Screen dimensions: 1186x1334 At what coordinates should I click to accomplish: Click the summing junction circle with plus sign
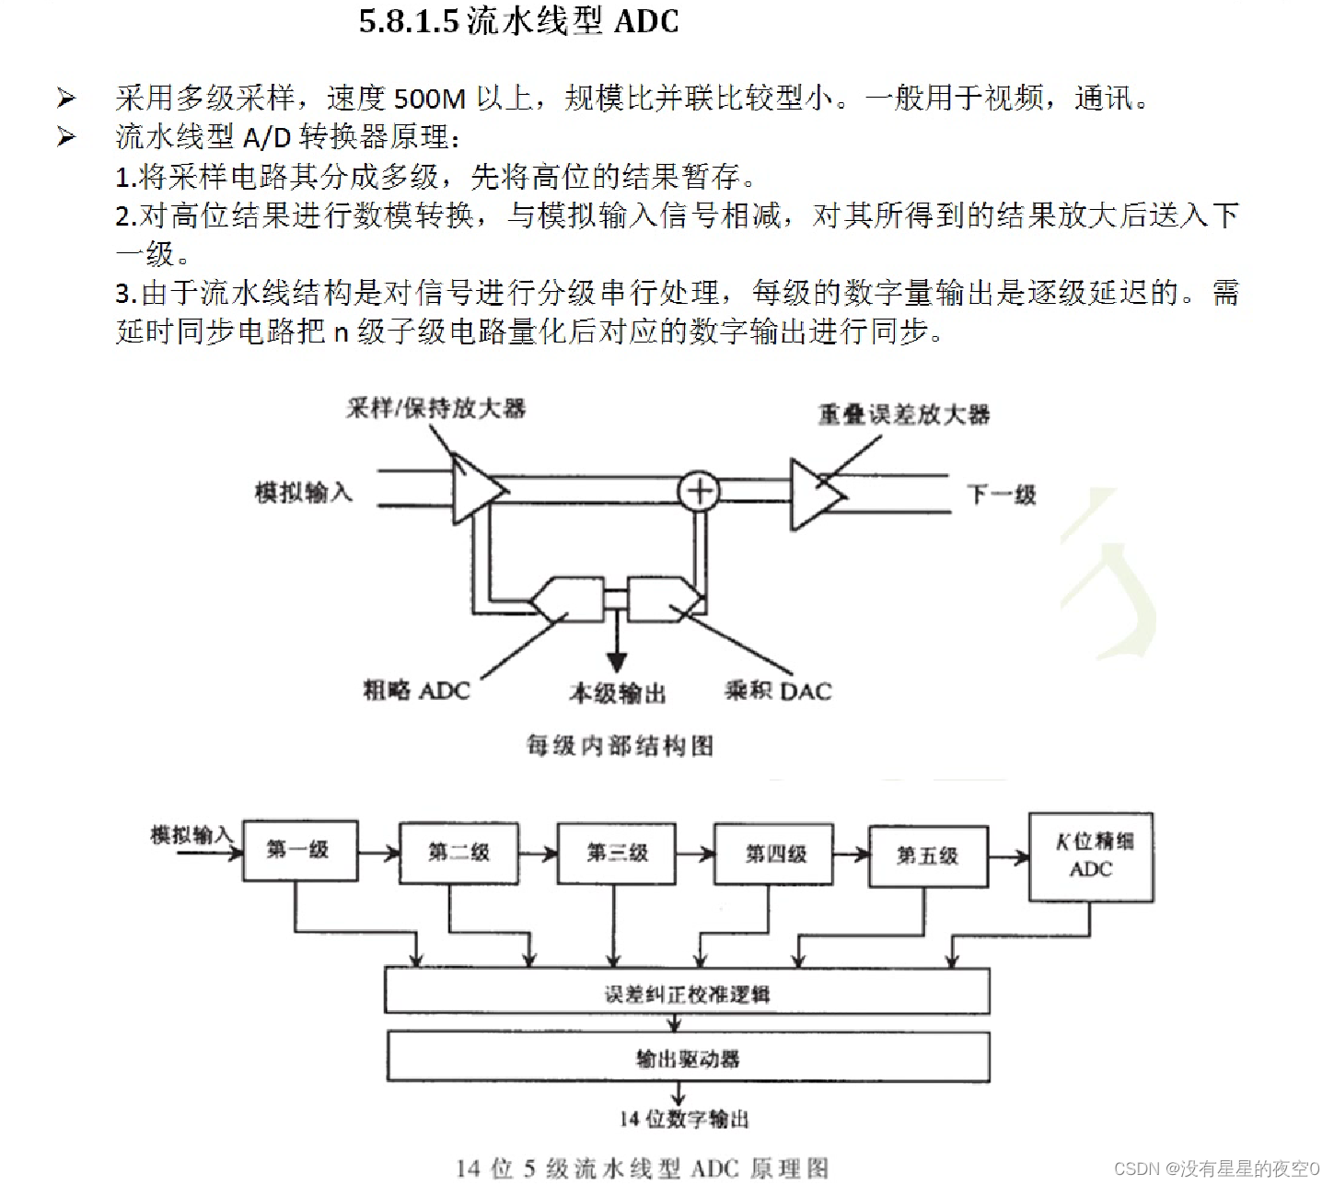(x=699, y=491)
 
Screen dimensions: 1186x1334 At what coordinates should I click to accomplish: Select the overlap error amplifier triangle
(x=815, y=494)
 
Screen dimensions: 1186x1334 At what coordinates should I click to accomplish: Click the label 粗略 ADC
(x=416, y=691)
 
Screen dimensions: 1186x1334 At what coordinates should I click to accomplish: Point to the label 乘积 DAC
(x=778, y=691)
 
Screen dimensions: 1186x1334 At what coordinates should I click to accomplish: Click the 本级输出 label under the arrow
(x=617, y=692)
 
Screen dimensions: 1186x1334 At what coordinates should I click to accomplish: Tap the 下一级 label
(x=1002, y=494)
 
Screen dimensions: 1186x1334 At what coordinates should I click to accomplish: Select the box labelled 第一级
(x=299, y=850)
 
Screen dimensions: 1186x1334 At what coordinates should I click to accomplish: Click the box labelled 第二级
(x=458, y=853)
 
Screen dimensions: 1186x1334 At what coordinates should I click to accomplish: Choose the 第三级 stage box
(x=617, y=854)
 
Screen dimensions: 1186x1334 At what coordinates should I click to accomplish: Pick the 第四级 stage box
(x=775, y=855)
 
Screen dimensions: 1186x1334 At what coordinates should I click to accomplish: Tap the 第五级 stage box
(x=928, y=856)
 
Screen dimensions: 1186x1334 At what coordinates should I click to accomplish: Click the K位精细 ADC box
(x=1091, y=856)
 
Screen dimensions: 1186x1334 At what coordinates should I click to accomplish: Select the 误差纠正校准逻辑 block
(x=687, y=993)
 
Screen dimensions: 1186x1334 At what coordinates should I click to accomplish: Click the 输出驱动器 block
(x=687, y=1058)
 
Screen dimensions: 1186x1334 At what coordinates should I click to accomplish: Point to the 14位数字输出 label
(x=684, y=1119)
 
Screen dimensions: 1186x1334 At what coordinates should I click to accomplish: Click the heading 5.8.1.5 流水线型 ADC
(x=518, y=21)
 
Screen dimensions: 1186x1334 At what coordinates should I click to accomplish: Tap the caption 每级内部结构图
(x=620, y=745)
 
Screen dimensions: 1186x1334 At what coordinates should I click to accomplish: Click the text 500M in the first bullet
(x=430, y=99)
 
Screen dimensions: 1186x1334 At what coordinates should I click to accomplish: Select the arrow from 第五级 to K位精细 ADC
(x=1009, y=858)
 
